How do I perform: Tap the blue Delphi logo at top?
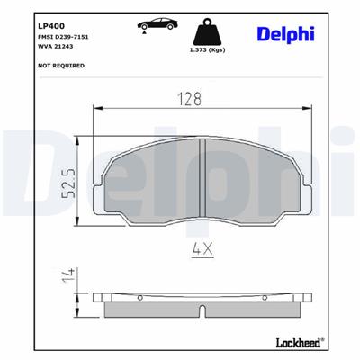tap(288, 32)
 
